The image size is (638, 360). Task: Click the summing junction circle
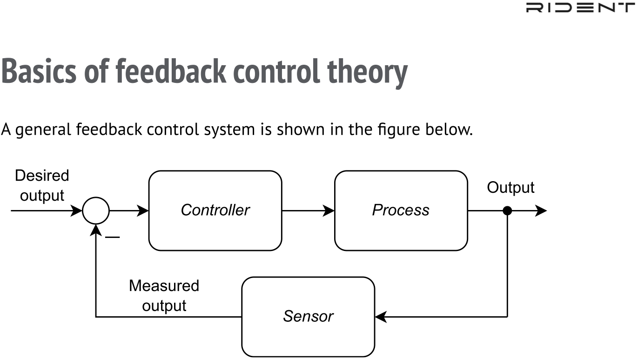[96, 197]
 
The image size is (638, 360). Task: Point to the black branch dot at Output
[507, 211]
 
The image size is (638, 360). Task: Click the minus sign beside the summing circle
[112, 237]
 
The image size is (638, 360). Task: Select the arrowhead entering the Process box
[329, 211]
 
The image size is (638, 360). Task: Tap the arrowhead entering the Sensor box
[381, 317]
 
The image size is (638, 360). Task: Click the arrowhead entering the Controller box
[143, 211]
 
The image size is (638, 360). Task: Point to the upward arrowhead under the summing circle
[96, 231]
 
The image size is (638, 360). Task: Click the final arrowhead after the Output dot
[541, 211]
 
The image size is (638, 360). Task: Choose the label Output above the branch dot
[510, 188]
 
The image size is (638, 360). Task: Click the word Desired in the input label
[42, 175]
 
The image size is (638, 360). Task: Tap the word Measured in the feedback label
[164, 285]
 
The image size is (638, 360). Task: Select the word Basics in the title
[39, 71]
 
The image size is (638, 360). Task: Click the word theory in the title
[368, 73]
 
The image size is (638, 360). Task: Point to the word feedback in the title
[171, 71]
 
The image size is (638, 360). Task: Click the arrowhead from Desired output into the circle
[76, 211]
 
